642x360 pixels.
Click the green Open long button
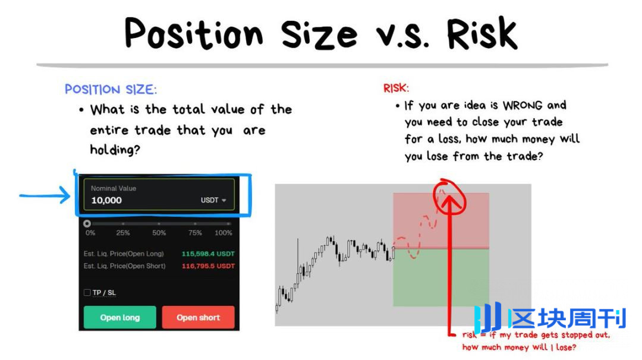tap(120, 317)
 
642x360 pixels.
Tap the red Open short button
tap(198, 317)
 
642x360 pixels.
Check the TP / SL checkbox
tap(87, 292)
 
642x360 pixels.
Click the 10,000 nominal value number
tap(106, 200)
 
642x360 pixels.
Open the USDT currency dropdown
tap(213, 200)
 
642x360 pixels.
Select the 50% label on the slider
tap(159, 233)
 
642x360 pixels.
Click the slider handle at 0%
tap(87, 223)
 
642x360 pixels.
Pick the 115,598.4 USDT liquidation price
tap(208, 254)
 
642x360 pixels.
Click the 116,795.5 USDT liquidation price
tap(208, 266)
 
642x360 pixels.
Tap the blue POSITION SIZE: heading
tap(111, 89)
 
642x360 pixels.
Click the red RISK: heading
tap(396, 88)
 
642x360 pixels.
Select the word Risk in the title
tap(482, 33)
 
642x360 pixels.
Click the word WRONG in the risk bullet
tap(523, 106)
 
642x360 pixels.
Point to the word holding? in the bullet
tap(115, 150)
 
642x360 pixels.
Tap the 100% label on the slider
tap(223, 233)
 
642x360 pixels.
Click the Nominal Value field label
tap(114, 188)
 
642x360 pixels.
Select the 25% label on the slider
tap(123, 233)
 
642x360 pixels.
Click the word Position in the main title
tap(194, 33)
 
